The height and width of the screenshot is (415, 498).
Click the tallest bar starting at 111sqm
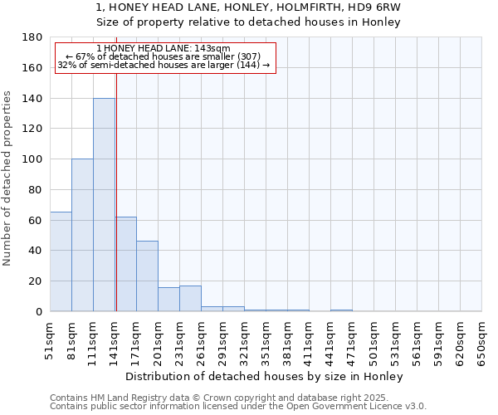104,205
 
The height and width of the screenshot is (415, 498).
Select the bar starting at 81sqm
82,235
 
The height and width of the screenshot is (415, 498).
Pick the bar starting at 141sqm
126,264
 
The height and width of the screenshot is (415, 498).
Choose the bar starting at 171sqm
147,276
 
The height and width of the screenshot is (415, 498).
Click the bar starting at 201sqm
168,299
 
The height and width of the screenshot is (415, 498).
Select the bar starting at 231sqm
190,298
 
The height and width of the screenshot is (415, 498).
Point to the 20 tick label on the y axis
36,281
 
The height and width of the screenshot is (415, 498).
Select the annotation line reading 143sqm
163,48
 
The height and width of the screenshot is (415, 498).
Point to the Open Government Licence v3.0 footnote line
238,407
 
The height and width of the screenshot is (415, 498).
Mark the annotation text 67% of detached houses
163,56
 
